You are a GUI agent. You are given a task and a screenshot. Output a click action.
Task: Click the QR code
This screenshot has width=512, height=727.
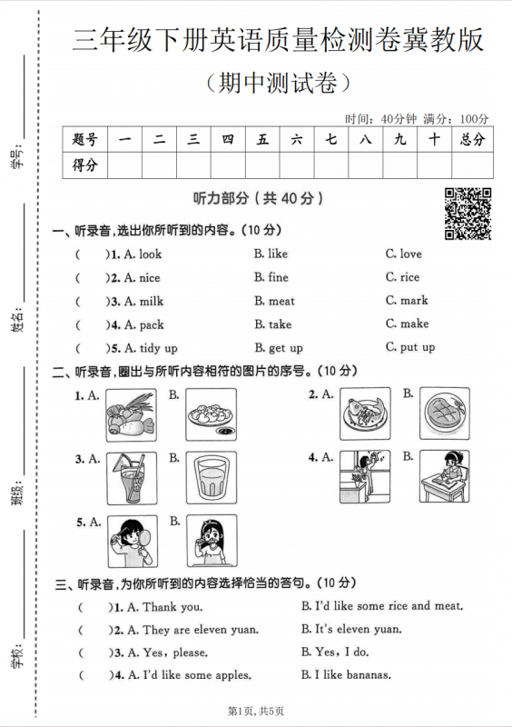(x=468, y=213)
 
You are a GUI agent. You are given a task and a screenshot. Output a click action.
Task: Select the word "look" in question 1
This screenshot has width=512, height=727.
(x=150, y=254)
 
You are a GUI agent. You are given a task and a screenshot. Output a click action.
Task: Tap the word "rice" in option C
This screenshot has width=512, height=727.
(x=409, y=277)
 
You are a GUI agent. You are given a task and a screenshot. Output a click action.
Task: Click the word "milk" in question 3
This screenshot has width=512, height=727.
(x=151, y=301)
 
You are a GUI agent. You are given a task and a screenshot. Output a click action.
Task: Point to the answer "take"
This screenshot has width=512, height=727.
(x=281, y=324)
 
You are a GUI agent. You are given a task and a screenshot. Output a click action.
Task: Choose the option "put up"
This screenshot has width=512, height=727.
(x=417, y=347)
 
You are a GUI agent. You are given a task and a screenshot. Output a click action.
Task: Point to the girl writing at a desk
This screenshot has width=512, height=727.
(x=445, y=476)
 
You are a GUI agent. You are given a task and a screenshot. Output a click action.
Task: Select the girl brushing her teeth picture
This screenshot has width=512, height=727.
(x=212, y=542)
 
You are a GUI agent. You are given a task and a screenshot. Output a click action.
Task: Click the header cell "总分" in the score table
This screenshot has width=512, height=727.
(x=472, y=139)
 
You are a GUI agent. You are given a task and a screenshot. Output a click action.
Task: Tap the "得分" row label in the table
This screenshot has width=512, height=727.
(x=84, y=164)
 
